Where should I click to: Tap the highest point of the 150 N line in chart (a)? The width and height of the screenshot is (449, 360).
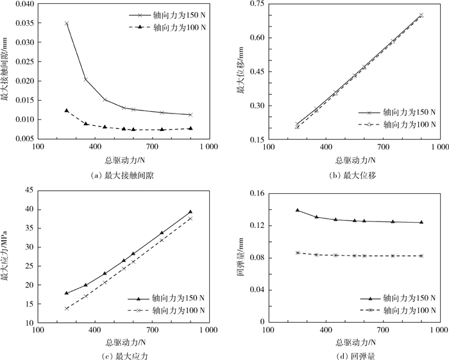[x=67, y=23]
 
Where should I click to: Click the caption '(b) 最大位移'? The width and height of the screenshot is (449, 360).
[x=353, y=175]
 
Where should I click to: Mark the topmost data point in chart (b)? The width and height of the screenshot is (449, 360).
[x=421, y=15]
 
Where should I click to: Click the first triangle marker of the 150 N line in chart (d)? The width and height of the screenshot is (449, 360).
[x=298, y=210]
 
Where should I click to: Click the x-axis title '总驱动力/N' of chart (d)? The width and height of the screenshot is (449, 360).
[x=353, y=341]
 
